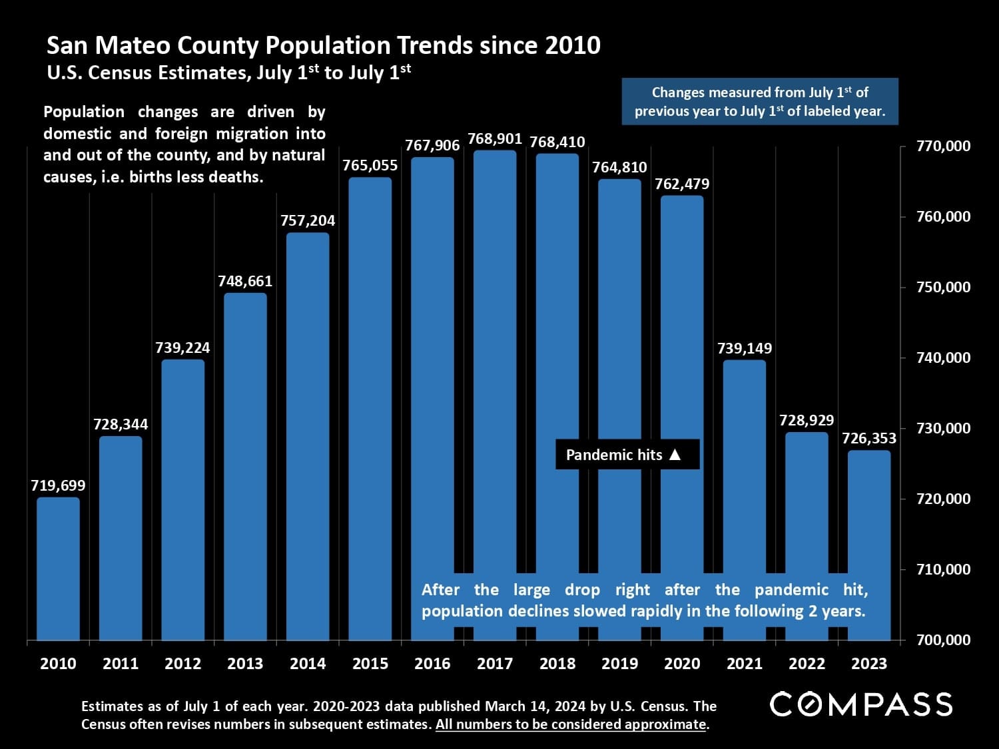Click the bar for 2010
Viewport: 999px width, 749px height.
(x=58, y=569)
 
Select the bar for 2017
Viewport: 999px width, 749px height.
(x=495, y=360)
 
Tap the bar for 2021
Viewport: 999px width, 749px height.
(x=745, y=466)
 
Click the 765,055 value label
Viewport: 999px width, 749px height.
(x=370, y=165)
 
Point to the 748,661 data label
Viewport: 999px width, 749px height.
(x=245, y=281)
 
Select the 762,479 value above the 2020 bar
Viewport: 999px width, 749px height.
(x=682, y=184)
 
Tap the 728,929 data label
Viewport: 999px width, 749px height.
(x=807, y=420)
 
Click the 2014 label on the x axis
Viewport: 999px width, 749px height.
(x=308, y=663)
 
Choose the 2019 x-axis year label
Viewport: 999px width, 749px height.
(x=619, y=663)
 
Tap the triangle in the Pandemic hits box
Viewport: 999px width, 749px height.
(x=675, y=455)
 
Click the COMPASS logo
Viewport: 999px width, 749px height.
(x=861, y=704)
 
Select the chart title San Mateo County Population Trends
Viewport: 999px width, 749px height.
(x=323, y=45)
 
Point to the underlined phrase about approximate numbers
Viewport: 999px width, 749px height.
(x=571, y=724)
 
